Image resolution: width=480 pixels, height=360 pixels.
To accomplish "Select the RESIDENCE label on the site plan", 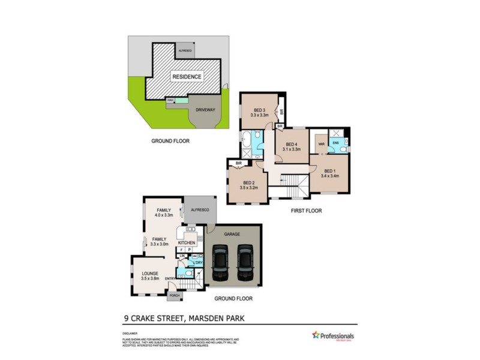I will pos(187,77).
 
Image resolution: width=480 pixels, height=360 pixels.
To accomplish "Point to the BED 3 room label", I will pos(259,110).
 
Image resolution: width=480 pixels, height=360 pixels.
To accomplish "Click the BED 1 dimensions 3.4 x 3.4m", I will pos(330,176).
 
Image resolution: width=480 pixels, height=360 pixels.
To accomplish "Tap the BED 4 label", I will pos(292,145).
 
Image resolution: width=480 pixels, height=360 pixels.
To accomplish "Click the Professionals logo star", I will pos(315,334).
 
